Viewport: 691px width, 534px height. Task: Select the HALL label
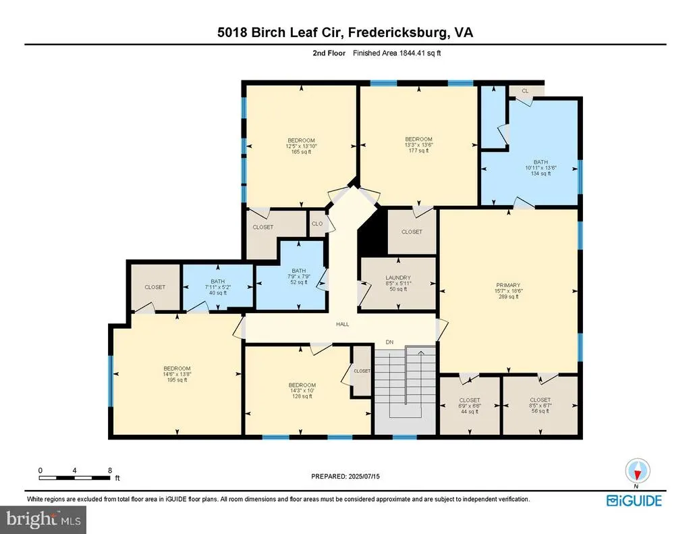[x=342, y=324]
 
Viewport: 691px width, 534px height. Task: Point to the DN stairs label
[x=389, y=342]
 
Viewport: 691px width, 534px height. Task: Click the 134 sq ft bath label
[x=541, y=168]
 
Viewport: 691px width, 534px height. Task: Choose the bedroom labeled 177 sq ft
[x=418, y=144]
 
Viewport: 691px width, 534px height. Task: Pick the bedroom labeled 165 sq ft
[x=302, y=146]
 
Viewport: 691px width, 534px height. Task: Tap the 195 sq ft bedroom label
[x=177, y=374]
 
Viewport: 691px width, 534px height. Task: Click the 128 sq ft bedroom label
[x=302, y=391]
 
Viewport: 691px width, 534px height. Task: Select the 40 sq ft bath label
[x=218, y=287]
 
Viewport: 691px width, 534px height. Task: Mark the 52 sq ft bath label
[x=299, y=277]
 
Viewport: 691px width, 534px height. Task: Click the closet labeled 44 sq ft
[x=470, y=406]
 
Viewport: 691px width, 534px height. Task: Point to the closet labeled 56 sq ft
[x=541, y=406]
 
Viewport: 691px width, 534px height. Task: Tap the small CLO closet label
[x=317, y=223]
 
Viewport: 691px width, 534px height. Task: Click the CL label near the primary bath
[x=525, y=91]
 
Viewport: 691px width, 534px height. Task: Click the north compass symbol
[x=637, y=471]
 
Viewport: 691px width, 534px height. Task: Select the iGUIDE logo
[x=634, y=500]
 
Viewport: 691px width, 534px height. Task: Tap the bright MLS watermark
[x=43, y=519]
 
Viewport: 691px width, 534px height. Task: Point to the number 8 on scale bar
[x=110, y=471]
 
